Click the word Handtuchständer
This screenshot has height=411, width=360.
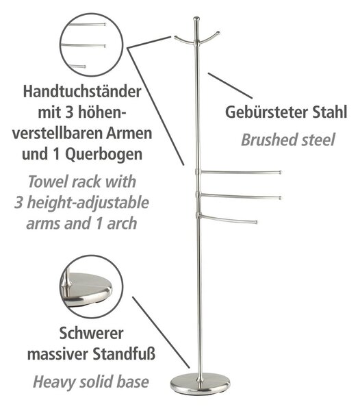pyautogui.click(x=82, y=92)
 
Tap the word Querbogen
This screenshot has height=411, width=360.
pyautogui.click(x=103, y=154)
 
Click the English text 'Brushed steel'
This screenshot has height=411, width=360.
pyautogui.click(x=288, y=140)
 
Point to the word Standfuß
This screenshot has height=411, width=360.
pyautogui.click(x=124, y=354)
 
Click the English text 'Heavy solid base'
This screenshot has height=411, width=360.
pyautogui.click(x=91, y=382)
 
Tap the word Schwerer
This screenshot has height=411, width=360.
pyautogui.click(x=91, y=333)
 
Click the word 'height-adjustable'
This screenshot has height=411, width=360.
pyautogui.click(x=88, y=203)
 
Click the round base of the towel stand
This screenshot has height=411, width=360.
pyautogui.click(x=200, y=384)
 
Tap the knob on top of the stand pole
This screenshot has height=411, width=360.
pyautogui.click(x=196, y=19)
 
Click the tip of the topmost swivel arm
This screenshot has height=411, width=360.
pyautogui.click(x=280, y=173)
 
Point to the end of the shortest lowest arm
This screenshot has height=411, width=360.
pyautogui.click(x=256, y=222)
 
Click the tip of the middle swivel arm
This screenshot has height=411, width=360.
pyautogui.click(x=280, y=198)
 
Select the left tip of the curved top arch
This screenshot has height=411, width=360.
pyautogui.click(x=175, y=37)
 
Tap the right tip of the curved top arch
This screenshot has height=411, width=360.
pyautogui.click(x=218, y=33)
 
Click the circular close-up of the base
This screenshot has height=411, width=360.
pyautogui.click(x=92, y=286)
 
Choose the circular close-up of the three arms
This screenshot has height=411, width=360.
pyautogui.click(x=92, y=45)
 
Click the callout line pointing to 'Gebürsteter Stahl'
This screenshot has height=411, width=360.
pyautogui.click(x=231, y=86)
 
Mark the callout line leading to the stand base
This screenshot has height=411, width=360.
pyautogui.click(x=161, y=332)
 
